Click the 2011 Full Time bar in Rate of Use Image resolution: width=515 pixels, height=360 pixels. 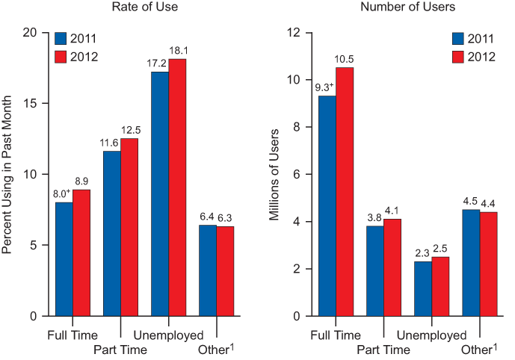[64, 258]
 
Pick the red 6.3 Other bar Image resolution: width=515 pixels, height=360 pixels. [225, 270]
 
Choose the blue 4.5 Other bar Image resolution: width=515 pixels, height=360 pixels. [470, 262]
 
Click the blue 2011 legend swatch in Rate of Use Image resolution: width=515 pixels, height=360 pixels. [61, 39]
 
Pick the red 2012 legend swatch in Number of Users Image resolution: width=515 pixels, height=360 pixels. [458, 57]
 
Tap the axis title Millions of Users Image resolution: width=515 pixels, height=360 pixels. [274, 173]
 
